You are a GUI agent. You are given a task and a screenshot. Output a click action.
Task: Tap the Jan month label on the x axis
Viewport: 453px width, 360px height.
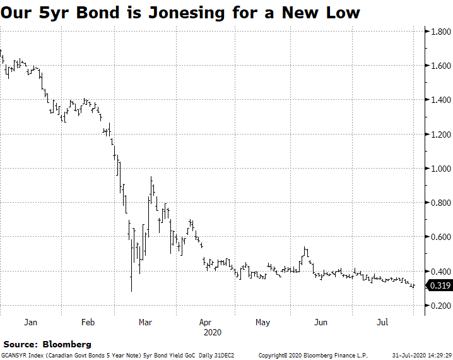pos(30,322)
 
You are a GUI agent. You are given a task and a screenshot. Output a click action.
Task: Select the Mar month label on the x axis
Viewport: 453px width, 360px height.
pos(146,322)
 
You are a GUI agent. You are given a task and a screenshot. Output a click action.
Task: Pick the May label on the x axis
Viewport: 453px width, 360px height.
pos(262,322)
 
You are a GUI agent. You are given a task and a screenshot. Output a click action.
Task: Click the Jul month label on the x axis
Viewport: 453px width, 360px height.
pos(382,322)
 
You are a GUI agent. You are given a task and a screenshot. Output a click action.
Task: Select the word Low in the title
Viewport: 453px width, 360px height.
pos(343,12)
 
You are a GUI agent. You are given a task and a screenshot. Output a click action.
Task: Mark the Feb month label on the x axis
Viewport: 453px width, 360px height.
pos(88,322)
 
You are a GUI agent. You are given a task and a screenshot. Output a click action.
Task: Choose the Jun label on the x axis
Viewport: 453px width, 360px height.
pos(321,322)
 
